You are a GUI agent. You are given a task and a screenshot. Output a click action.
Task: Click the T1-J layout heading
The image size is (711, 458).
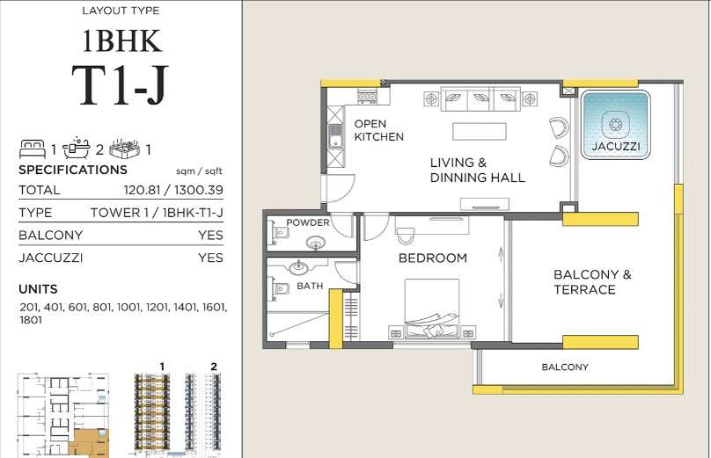click(x=121, y=84)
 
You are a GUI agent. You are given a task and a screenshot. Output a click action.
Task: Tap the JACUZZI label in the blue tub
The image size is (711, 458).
click(x=615, y=146)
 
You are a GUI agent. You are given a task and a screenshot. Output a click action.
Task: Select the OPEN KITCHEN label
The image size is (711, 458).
click(x=378, y=130)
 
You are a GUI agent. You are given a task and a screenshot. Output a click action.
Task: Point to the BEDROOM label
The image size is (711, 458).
click(x=433, y=258)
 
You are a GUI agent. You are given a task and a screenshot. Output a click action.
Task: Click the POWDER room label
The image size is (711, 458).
click(x=307, y=222)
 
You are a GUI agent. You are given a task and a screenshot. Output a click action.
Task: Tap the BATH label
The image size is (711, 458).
click(x=310, y=286)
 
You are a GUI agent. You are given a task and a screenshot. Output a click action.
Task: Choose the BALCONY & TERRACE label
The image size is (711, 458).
click(x=592, y=282)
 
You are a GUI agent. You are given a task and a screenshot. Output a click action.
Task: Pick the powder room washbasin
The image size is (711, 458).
click(x=316, y=244)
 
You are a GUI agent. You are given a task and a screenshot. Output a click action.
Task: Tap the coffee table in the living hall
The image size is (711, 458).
click(x=480, y=131)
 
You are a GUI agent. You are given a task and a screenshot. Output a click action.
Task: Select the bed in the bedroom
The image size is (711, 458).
click(x=432, y=309)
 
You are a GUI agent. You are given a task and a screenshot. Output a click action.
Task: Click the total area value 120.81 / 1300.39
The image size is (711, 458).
click(x=173, y=190)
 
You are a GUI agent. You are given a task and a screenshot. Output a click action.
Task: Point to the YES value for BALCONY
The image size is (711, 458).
click(x=210, y=235)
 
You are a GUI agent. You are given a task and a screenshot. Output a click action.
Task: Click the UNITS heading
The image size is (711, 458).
click(x=38, y=289)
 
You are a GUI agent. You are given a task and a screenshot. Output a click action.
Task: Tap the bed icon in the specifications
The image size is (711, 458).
click(x=33, y=149)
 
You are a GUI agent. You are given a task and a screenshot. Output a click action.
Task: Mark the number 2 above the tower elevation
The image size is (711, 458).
click(x=214, y=367)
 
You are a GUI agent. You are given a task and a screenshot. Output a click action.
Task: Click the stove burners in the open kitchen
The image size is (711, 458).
click(x=367, y=97)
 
